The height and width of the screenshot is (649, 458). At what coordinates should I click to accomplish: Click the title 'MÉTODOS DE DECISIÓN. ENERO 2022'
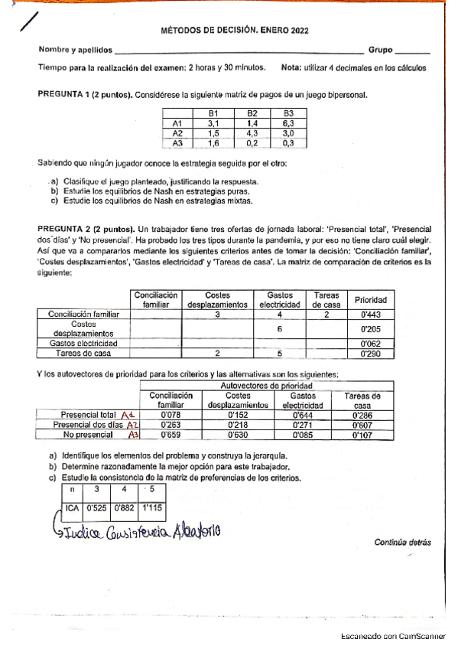[239, 33]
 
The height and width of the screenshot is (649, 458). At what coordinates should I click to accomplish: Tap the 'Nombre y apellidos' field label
[75, 51]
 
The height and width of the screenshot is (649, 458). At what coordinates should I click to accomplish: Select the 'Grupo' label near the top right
[380, 51]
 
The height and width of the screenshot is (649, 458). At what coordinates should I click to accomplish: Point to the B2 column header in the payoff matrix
[252, 113]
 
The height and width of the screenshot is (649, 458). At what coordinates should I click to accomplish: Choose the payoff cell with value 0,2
[252, 142]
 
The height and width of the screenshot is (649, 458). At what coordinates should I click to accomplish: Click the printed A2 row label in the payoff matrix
[178, 132]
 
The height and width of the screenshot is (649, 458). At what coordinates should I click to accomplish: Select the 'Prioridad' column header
[371, 299]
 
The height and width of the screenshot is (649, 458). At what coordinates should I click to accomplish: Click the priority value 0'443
[371, 314]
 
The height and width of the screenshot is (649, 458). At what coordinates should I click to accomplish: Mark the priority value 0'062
[371, 344]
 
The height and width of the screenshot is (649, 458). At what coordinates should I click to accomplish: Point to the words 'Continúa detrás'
[402, 542]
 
